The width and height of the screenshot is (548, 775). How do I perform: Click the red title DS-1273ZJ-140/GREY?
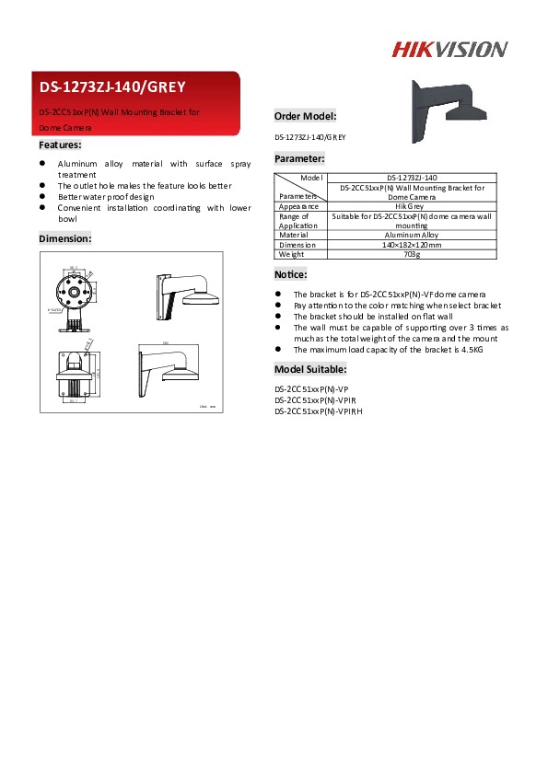pos(112,87)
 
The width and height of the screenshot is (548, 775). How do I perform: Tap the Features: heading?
pos(60,145)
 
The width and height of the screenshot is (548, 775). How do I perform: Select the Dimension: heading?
pos(64,238)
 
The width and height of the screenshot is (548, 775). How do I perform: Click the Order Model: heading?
pos(305,116)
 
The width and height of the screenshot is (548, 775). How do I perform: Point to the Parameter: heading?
pos(299,158)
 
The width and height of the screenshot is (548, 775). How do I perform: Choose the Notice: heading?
pos(291,274)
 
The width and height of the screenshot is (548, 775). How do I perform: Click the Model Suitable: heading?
pos(312,369)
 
